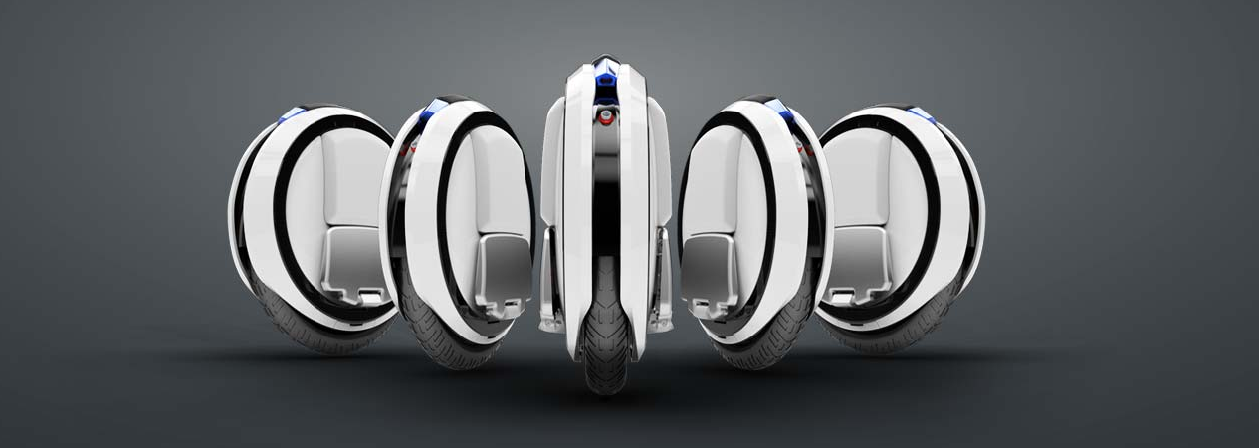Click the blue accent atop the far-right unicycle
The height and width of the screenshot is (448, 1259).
tap(920, 113)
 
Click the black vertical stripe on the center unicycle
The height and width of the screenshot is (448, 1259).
tap(605, 219)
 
